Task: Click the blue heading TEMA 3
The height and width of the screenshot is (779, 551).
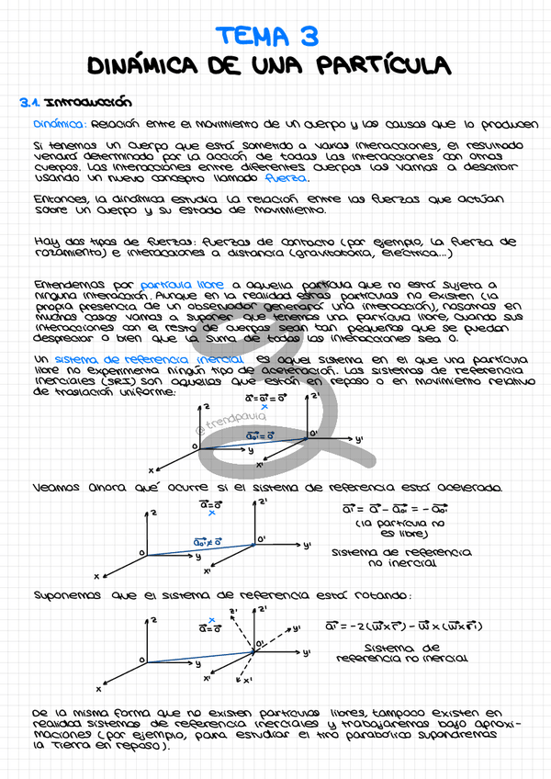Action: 267,35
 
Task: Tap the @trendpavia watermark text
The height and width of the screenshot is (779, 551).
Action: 231,420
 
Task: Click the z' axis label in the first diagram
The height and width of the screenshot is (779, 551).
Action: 315,398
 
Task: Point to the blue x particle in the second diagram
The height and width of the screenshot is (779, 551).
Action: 211,514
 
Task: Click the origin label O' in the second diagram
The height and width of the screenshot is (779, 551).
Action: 262,539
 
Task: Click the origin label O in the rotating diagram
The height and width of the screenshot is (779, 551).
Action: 142,659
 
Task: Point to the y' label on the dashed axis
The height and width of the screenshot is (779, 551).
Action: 296,628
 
